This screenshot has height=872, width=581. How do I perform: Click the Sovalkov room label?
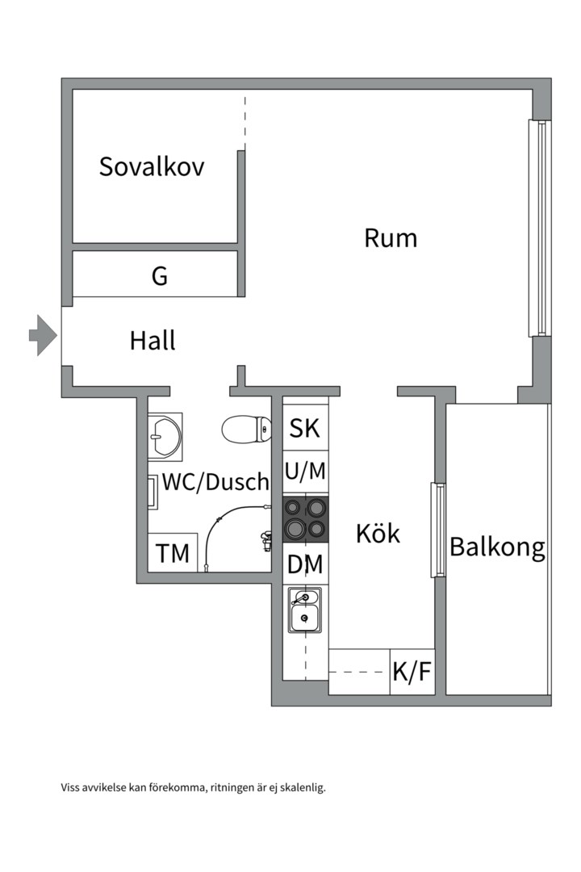pos(152,167)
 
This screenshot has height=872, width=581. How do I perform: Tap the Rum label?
pos(391,238)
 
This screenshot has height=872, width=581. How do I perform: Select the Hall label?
pos(153,341)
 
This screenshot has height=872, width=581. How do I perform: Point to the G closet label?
pos(160,277)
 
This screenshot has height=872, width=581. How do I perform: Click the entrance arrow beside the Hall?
pos(43,334)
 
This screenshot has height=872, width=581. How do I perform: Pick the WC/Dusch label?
pos(215,483)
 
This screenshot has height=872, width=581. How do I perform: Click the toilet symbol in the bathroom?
pos(246,429)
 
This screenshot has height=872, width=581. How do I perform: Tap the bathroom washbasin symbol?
pos(165,437)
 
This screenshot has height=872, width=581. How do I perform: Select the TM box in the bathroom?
pos(173,554)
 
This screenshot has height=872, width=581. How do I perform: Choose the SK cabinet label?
pos(305,429)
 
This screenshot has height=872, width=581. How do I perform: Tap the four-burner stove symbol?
pos(306,518)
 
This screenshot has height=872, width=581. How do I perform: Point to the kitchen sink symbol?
pos(304,610)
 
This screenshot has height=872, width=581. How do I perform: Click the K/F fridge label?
pos(412,673)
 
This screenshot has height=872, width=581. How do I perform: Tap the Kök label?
pos(378,534)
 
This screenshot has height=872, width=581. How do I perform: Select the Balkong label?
pos(497,547)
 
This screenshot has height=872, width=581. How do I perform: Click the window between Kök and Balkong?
pos(438,529)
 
